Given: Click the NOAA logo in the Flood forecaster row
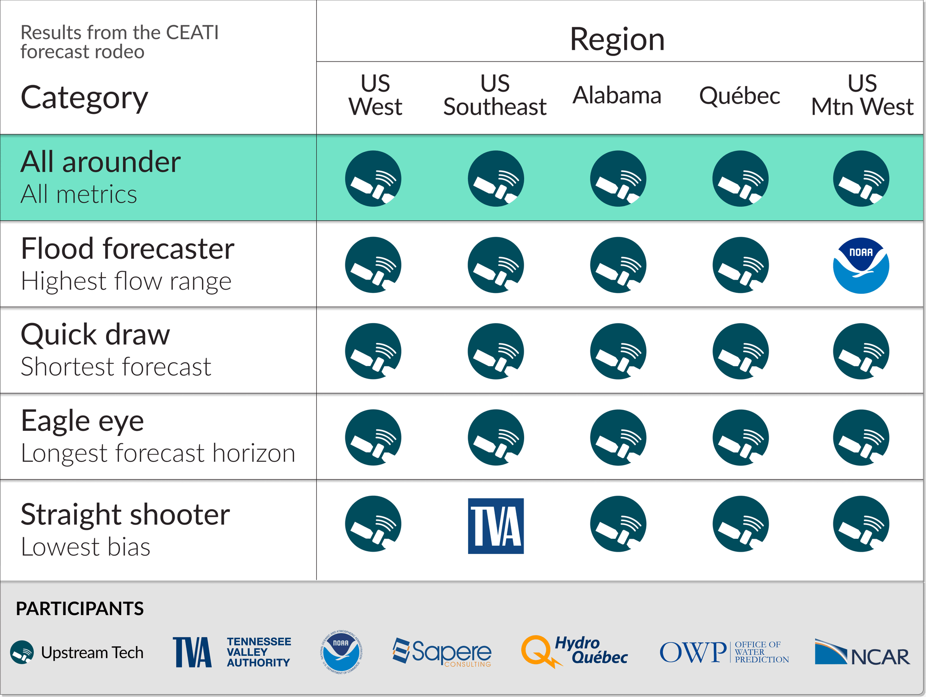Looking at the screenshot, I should (x=861, y=266).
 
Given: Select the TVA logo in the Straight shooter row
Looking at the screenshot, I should (x=495, y=526).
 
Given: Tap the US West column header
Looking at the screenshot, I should (x=375, y=95).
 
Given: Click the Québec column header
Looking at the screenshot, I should (x=739, y=96).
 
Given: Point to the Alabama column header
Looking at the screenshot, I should (x=617, y=95).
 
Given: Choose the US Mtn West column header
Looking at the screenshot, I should (x=862, y=95).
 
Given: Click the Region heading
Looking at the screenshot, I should (x=617, y=39).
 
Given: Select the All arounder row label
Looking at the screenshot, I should (x=100, y=162).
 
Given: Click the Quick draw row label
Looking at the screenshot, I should (x=95, y=335).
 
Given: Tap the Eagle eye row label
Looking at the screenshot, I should (x=82, y=421).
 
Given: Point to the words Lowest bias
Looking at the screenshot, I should (x=86, y=547).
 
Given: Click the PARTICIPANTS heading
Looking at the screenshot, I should (x=80, y=609).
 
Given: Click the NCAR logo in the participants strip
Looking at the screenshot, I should (x=862, y=653).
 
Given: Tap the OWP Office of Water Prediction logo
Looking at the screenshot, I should (x=724, y=652).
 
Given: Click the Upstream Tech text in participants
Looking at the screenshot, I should (x=92, y=653).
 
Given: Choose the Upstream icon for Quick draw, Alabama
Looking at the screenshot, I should (x=618, y=351).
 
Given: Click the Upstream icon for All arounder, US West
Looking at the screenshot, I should (x=373, y=179).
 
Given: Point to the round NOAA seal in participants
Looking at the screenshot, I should (x=341, y=652).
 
